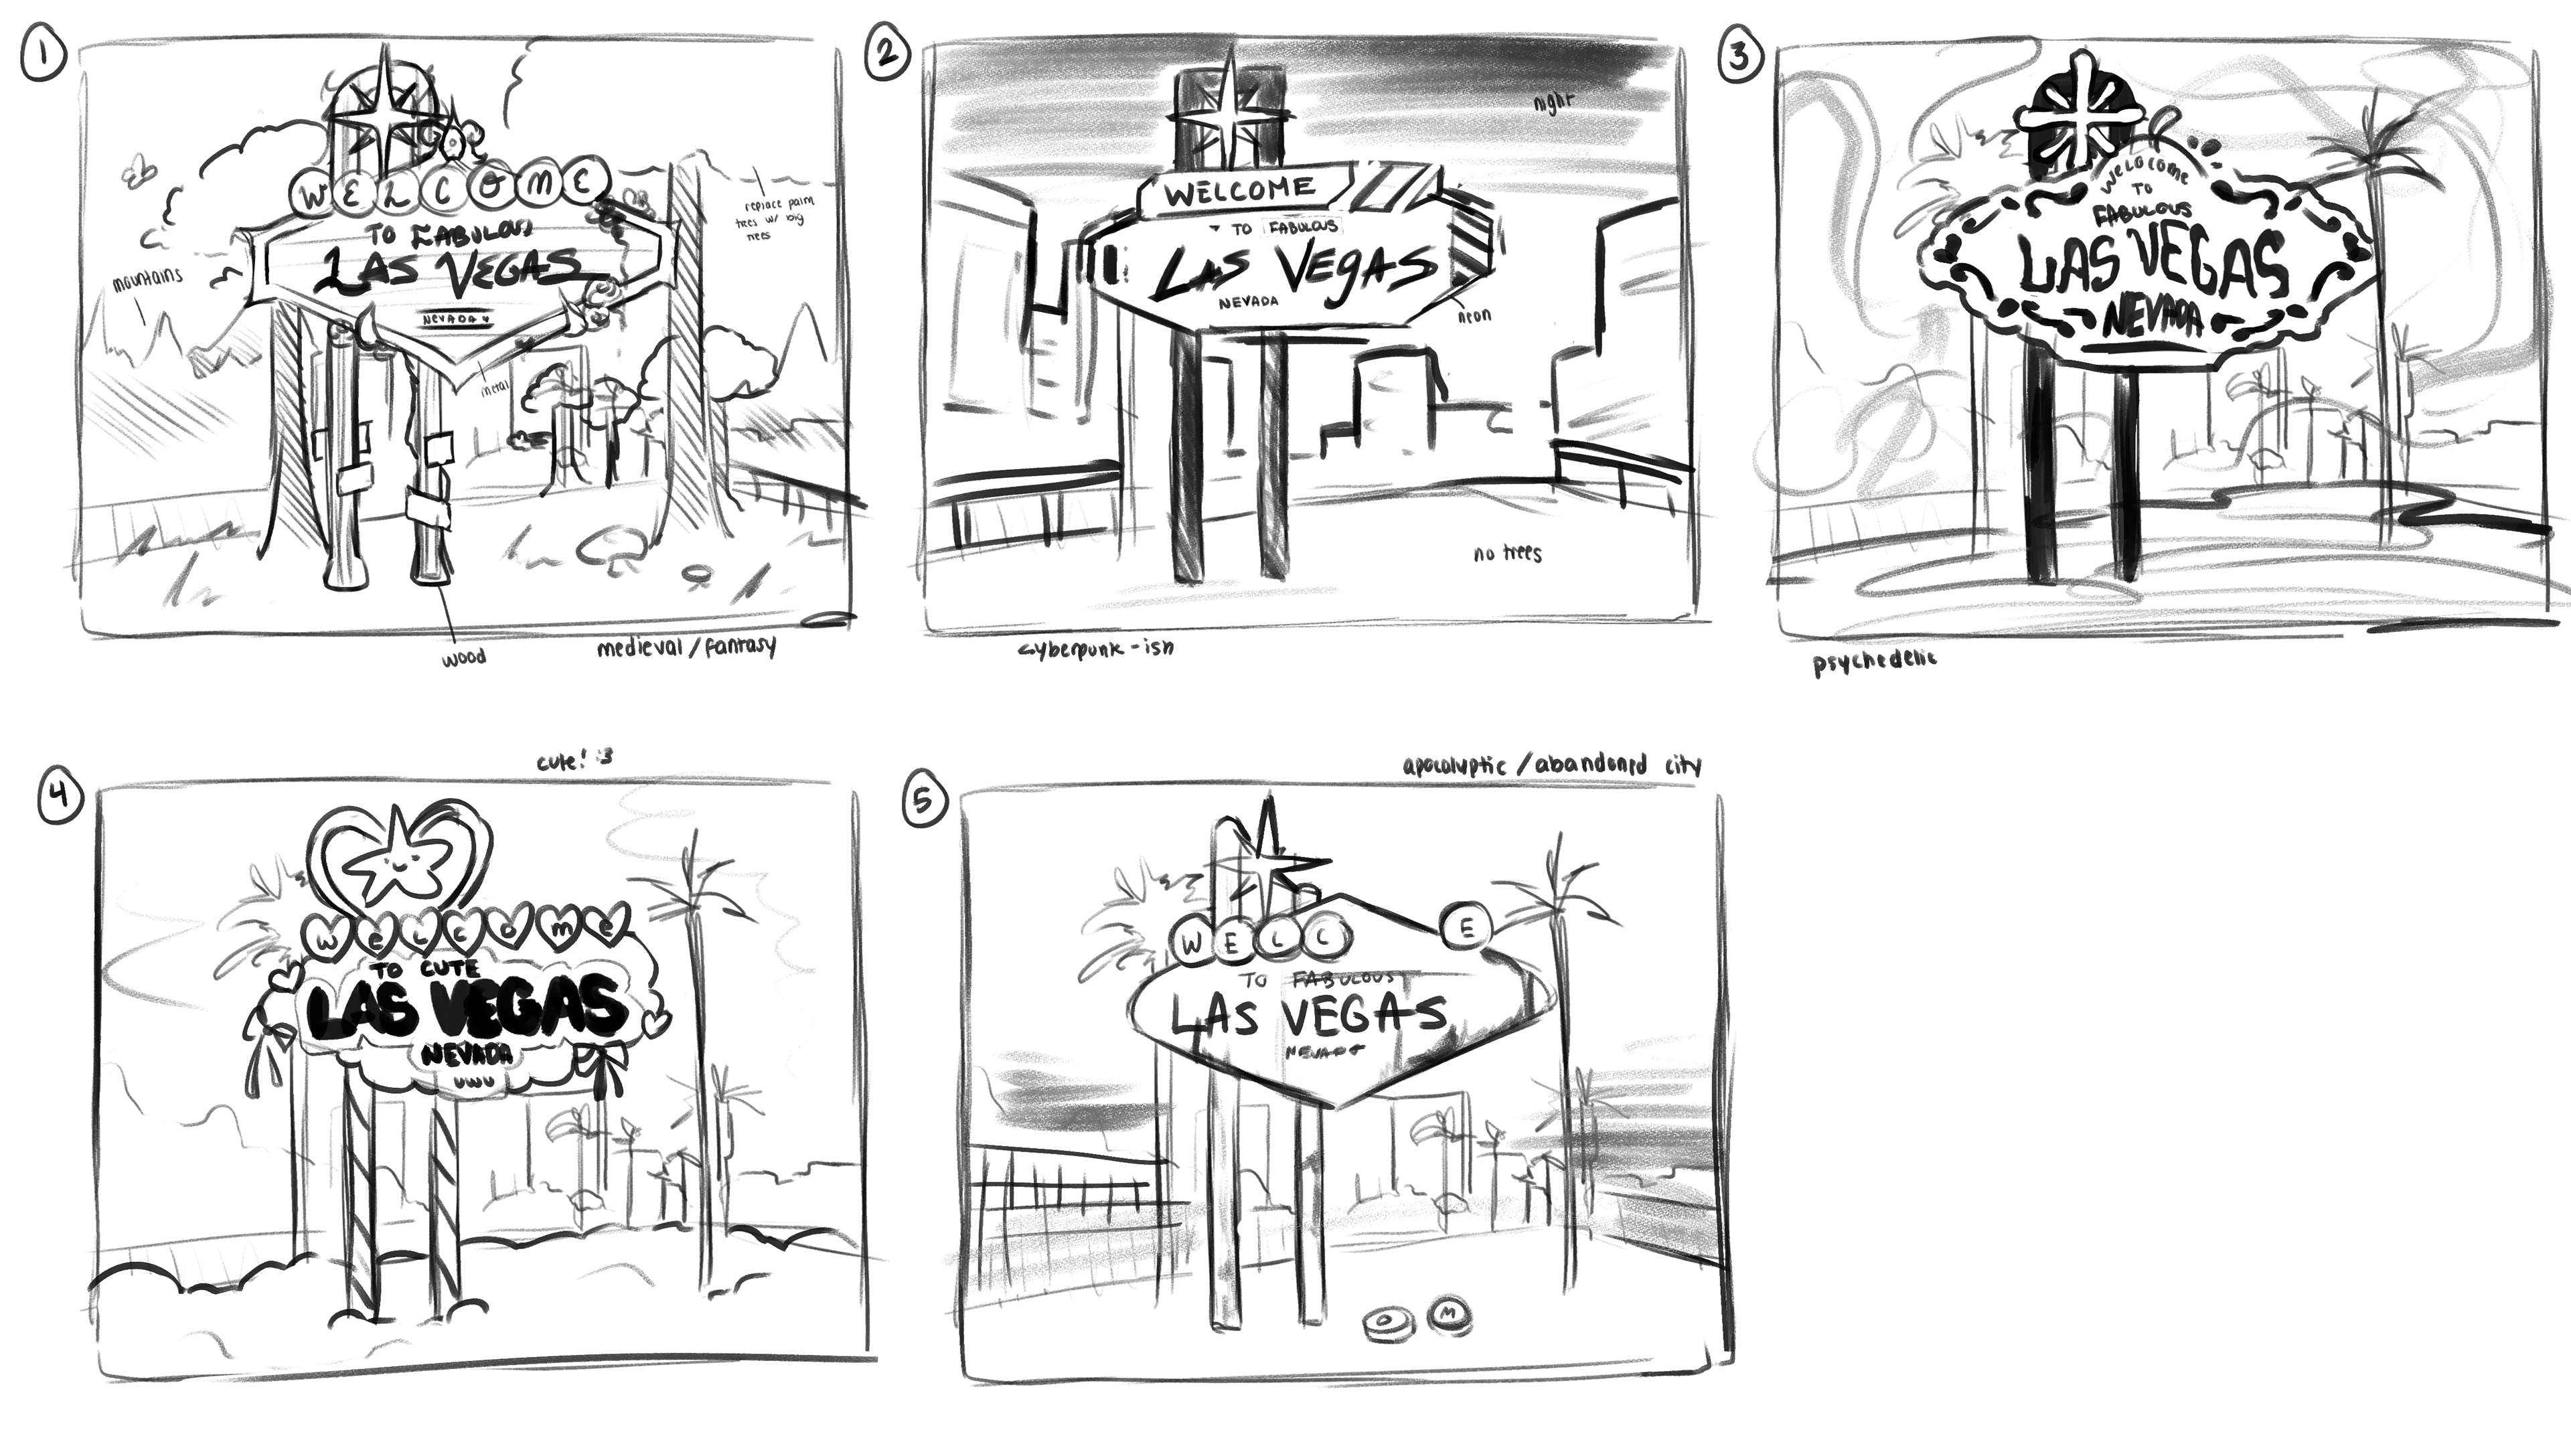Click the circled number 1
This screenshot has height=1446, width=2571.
point(43,58)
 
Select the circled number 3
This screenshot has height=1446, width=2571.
point(1739,58)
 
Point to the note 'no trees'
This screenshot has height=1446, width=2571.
point(1507,553)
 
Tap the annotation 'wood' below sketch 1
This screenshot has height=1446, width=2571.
point(463,657)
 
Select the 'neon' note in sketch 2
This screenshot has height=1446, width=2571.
point(1474,315)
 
